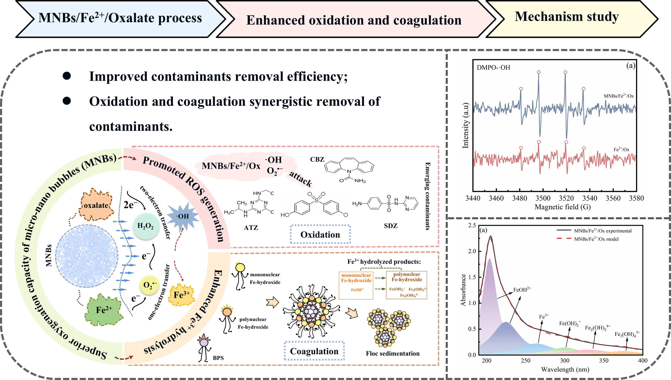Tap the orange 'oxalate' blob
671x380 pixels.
[x=96, y=205]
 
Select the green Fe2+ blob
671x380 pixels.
[x=104, y=310]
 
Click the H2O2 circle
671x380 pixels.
[x=145, y=226]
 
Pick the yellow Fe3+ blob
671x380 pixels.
[x=182, y=295]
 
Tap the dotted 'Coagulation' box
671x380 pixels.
[x=314, y=351]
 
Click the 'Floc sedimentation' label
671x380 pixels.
[x=393, y=353]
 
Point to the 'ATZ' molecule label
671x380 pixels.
[x=251, y=228]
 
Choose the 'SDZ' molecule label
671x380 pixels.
[x=391, y=226]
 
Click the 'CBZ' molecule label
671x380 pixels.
[x=317, y=159]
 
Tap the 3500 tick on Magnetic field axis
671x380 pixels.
[x=543, y=198]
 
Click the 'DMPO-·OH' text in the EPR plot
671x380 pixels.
[x=493, y=67]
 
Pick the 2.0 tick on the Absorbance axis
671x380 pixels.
[x=472, y=251]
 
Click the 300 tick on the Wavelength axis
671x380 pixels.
[x=565, y=361]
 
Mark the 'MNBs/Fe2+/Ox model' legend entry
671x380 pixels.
[x=596, y=239]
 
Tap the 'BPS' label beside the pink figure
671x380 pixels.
[x=218, y=358]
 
